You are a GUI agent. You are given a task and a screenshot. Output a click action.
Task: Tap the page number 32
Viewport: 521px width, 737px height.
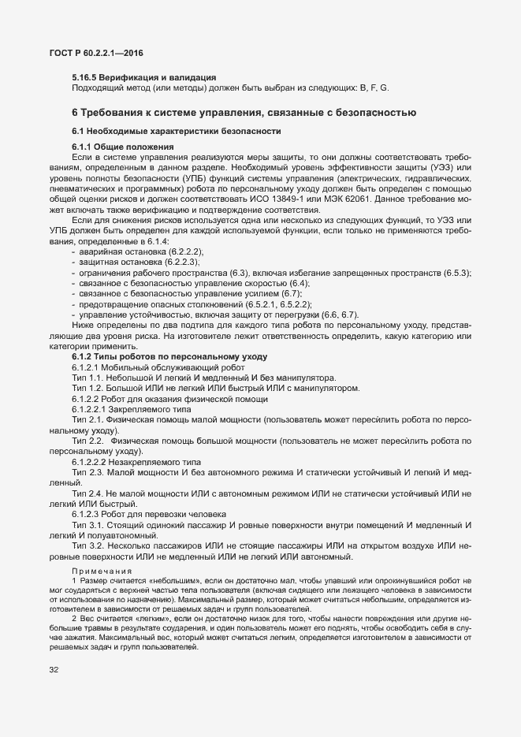point(54,671)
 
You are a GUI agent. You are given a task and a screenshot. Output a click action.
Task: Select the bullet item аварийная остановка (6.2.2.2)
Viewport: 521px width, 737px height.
point(141,251)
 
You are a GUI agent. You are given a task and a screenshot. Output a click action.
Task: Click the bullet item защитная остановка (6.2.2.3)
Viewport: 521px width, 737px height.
point(140,261)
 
